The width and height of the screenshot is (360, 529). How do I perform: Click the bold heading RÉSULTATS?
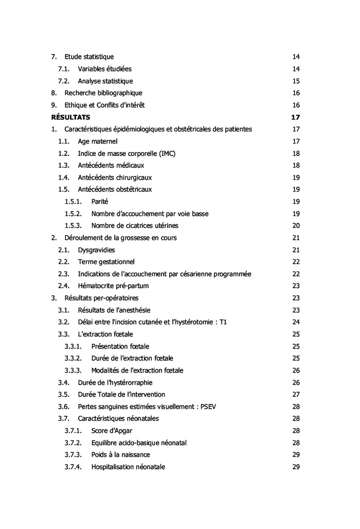point(70,117)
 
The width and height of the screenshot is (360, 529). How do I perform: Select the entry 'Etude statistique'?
point(89,57)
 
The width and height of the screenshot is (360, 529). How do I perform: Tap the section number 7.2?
point(63,81)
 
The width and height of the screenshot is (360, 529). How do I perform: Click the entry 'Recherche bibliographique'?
point(103,93)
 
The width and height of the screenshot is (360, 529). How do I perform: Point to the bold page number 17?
point(295,117)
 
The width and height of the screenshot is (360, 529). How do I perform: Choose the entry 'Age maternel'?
point(98,142)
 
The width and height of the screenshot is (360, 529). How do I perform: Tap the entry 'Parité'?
point(100,202)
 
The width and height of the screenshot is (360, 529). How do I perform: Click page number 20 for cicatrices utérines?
point(296,226)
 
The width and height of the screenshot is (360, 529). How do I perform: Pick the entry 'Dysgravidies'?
point(96,250)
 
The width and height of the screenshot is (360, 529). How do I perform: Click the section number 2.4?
point(63,286)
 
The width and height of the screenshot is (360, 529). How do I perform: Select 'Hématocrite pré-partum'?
point(113,286)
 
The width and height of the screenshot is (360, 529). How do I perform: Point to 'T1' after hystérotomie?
point(223,322)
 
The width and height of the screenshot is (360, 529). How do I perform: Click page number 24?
point(296,322)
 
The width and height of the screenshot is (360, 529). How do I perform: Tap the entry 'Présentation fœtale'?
point(120,346)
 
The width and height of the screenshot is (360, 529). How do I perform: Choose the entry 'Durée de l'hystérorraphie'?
point(115,382)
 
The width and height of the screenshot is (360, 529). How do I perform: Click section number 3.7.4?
point(73,467)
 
